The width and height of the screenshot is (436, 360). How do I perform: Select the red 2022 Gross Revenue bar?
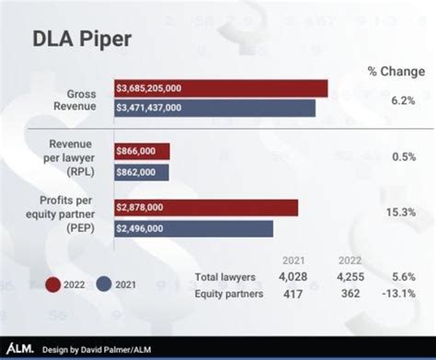pyautogui.click(x=221, y=88)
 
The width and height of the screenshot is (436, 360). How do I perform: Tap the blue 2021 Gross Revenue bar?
pyautogui.click(x=214, y=108)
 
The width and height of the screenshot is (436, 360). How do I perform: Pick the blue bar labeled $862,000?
pyautogui.click(x=142, y=172)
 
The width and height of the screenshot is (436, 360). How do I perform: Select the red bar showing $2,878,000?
pyautogui.click(x=205, y=208)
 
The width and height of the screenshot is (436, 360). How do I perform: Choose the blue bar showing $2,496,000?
pyautogui.click(x=193, y=228)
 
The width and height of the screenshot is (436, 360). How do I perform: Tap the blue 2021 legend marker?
pyautogui.click(x=105, y=285)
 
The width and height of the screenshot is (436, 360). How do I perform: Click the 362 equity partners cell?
pyautogui.click(x=347, y=294)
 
